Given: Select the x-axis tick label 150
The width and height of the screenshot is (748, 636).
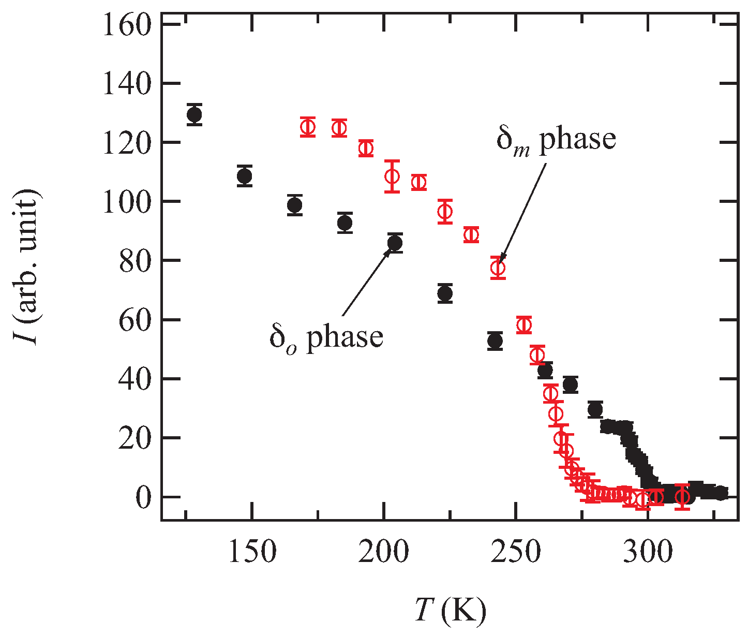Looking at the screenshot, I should [251, 553].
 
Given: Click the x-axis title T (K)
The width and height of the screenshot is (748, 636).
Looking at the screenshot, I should [450, 611].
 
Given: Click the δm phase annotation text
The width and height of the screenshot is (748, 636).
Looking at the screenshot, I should [556, 139].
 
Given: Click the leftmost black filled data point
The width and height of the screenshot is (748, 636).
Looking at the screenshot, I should [195, 114].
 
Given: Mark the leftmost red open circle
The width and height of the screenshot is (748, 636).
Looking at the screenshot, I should [308, 127].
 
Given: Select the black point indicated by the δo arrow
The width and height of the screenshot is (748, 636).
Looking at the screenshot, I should [395, 243].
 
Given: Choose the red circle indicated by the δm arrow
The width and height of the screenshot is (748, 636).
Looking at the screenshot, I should [498, 268].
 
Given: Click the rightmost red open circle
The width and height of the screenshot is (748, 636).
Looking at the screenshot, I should [683, 497].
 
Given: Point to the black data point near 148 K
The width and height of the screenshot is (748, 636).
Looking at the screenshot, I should [245, 176].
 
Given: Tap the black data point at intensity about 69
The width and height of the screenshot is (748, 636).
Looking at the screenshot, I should [445, 293].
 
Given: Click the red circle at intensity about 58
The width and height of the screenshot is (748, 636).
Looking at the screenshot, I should [524, 325].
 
